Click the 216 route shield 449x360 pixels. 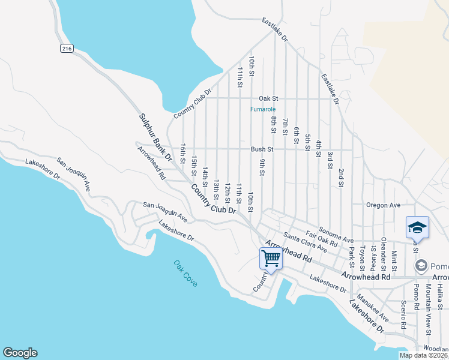(66, 49)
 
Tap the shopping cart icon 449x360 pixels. (271, 259)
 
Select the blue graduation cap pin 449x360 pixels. (417, 227)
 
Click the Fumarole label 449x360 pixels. (263, 109)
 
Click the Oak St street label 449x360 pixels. (268, 98)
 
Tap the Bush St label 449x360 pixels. (262, 149)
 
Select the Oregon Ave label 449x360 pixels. (384, 205)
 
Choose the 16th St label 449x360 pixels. (183, 153)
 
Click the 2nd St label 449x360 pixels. (340, 178)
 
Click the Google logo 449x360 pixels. (20, 353)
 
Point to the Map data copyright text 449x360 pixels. (423, 355)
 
